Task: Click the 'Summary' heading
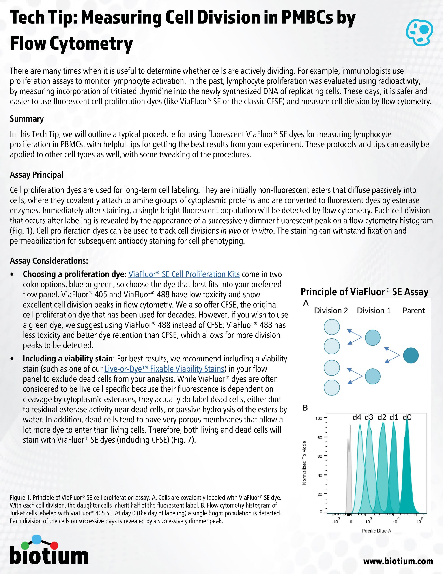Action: [26, 119]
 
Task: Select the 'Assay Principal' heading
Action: [37, 175]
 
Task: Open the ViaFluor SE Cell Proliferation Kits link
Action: [184, 274]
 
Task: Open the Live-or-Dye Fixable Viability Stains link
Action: [164, 369]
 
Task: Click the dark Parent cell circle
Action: [411, 356]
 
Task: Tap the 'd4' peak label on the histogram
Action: [357, 417]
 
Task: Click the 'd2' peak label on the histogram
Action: [382, 417]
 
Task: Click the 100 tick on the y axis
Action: [319, 418]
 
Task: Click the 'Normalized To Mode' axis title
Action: [304, 463]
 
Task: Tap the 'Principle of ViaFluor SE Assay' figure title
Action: [364, 292]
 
